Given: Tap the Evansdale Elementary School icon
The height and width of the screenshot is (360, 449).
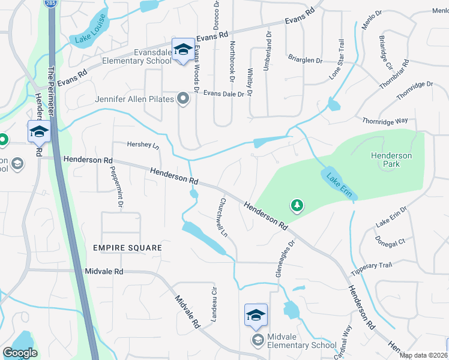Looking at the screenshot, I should (x=182, y=48).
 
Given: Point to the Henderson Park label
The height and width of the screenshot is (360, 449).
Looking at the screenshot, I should (x=391, y=160).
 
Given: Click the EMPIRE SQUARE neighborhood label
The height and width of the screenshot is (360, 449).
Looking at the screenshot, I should (x=127, y=248).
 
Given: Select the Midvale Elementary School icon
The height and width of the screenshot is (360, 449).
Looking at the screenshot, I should (x=256, y=314).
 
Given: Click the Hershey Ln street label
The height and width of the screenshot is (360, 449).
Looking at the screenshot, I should (x=143, y=145).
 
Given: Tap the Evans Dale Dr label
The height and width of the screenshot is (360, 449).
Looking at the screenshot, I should (x=224, y=94).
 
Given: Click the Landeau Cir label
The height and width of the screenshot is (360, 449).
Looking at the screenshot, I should (x=212, y=304).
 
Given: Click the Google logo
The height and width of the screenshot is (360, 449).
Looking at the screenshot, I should (x=20, y=353).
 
